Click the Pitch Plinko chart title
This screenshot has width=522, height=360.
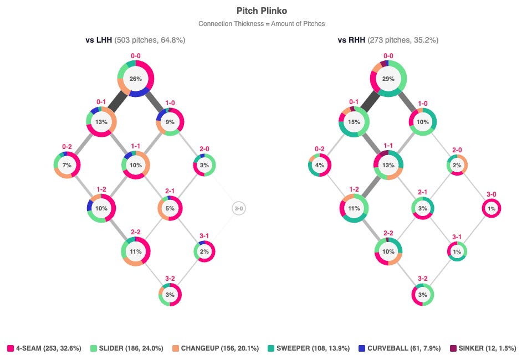(x=262, y=11)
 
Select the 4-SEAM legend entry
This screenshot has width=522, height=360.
(x=44, y=348)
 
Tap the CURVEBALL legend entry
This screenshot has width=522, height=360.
(x=400, y=348)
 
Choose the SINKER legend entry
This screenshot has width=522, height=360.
(x=483, y=348)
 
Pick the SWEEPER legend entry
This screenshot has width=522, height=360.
(x=309, y=348)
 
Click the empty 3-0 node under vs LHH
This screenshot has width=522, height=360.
(x=239, y=208)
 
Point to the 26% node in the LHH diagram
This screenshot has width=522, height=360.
(x=136, y=79)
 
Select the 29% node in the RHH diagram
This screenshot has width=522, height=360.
(x=388, y=79)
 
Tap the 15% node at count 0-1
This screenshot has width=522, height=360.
(x=354, y=122)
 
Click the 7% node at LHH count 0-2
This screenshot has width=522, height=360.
(x=67, y=165)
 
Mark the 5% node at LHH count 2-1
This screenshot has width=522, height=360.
(x=170, y=208)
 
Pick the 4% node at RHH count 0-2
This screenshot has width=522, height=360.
(x=320, y=165)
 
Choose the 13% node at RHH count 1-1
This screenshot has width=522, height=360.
(x=388, y=165)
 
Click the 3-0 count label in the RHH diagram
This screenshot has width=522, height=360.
(x=492, y=194)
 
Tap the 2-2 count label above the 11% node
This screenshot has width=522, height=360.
(x=136, y=232)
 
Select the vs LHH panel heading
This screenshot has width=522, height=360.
(x=99, y=40)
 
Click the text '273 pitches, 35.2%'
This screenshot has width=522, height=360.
(x=403, y=40)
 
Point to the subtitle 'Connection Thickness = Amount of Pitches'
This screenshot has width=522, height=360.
(x=262, y=24)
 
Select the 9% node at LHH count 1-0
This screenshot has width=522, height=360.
(x=170, y=122)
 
